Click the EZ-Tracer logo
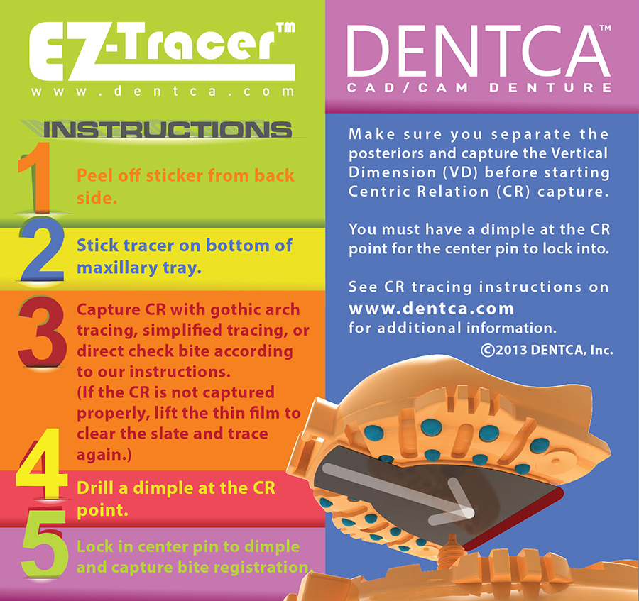[162, 51]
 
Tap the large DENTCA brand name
[479, 51]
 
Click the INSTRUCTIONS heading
[167, 130]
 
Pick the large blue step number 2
[43, 249]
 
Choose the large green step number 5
[44, 544]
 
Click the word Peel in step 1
[95, 175]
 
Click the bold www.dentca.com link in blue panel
[431, 308]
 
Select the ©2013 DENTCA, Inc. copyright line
[547, 351]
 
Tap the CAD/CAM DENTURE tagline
[479, 87]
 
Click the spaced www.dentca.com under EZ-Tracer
[162, 92]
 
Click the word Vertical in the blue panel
[579, 153]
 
